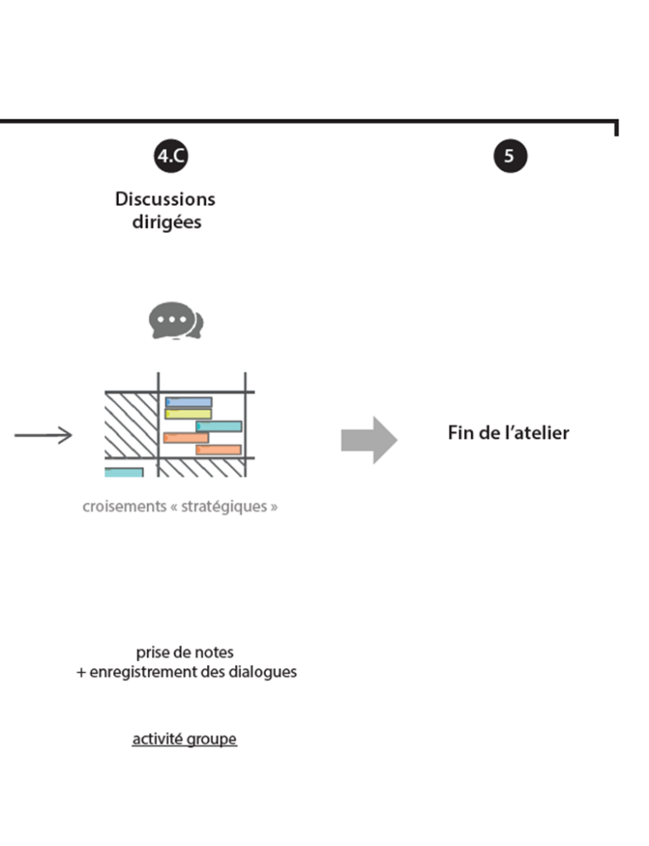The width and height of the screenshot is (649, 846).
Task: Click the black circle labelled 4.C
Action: (x=172, y=156)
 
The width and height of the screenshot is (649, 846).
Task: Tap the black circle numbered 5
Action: (x=509, y=156)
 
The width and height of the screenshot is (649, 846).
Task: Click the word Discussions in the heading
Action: (x=165, y=199)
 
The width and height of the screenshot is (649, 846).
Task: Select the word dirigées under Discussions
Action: (x=166, y=223)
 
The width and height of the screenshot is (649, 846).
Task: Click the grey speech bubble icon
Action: (x=175, y=321)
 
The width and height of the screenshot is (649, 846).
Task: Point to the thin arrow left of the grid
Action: (x=43, y=435)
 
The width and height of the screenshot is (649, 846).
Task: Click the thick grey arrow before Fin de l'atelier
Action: (x=369, y=440)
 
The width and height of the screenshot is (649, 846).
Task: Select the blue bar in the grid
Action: (x=188, y=402)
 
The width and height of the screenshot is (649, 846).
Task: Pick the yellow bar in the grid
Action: (x=187, y=414)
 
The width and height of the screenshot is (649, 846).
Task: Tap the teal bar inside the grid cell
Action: (x=219, y=426)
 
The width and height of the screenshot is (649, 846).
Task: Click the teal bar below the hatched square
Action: (x=124, y=473)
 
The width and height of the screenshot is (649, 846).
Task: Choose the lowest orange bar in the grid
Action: (x=218, y=450)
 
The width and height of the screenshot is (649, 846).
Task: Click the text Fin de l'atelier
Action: (x=508, y=433)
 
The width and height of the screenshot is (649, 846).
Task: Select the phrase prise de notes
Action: (x=185, y=653)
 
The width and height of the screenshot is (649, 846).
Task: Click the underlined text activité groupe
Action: (x=184, y=739)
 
